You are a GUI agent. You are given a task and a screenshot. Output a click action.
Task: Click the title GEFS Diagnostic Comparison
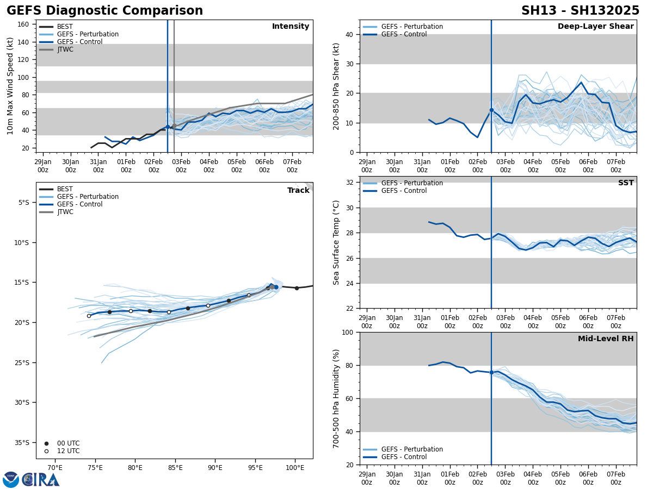point(104,11)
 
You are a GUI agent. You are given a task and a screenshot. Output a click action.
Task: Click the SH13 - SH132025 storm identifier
point(580,11)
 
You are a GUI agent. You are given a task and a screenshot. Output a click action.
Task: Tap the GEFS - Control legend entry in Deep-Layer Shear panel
point(404,34)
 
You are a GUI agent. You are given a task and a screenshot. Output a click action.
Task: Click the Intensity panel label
point(291,27)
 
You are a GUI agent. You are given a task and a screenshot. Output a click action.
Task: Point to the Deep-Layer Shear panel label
point(595,27)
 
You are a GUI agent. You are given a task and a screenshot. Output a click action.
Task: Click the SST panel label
point(626,183)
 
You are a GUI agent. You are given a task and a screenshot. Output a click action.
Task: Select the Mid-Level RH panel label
point(606,339)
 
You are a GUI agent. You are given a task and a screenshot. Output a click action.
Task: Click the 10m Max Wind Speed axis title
point(10,86)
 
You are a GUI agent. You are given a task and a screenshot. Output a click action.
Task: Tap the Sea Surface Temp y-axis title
point(336,242)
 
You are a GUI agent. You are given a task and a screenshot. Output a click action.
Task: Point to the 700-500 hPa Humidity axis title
point(336,398)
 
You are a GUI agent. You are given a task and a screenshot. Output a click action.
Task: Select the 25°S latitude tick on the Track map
point(23,362)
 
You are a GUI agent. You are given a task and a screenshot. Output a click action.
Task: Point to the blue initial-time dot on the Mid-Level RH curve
point(491,372)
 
